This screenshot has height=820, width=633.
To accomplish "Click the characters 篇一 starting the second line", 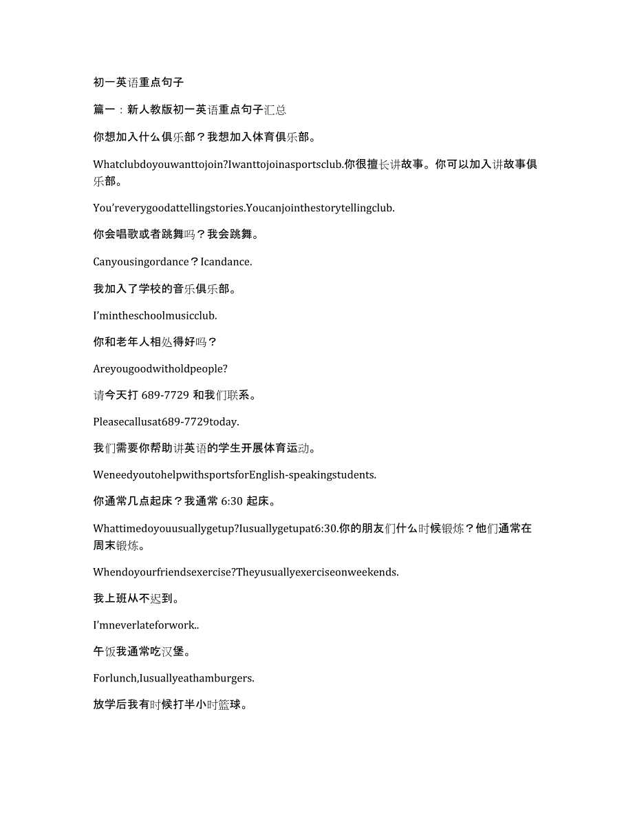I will click(104, 109).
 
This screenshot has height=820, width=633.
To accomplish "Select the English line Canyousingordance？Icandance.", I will click(173, 262).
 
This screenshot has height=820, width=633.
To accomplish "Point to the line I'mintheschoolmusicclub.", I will click(155, 315).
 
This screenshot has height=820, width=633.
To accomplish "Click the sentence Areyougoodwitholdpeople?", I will click(160, 368).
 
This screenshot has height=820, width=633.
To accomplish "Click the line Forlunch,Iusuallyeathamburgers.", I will click(173, 678).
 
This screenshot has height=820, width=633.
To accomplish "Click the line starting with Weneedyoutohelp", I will click(235, 474).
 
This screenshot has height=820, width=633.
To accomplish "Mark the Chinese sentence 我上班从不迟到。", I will click(136, 599).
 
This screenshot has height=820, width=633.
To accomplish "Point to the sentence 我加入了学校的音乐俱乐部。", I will click(165, 288).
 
